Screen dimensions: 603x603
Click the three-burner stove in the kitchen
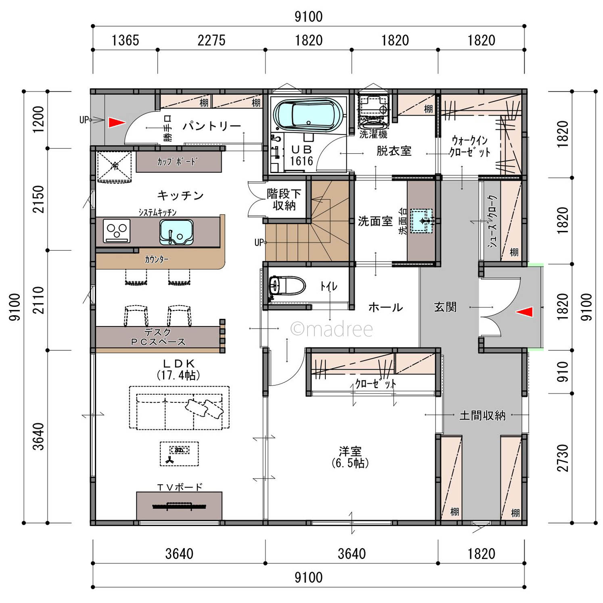pos(117,230)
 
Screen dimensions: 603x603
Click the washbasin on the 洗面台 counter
pos(422,221)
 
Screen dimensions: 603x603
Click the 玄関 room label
pos(445,307)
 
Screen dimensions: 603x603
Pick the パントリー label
pos(212,126)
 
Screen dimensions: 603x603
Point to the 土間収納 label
pos(482,415)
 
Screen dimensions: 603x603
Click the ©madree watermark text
pos(332,329)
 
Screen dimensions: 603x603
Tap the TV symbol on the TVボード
pos(179,506)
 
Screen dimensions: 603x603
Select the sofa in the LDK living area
pos(179,408)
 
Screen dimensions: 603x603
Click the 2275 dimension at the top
pos(211,40)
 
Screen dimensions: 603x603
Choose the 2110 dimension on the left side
pos(38,300)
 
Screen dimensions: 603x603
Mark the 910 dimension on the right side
pos(562,372)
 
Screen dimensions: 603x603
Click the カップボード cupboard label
pos(177,162)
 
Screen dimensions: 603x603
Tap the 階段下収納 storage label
pos(284,199)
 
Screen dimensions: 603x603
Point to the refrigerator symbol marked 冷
pos(114,166)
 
